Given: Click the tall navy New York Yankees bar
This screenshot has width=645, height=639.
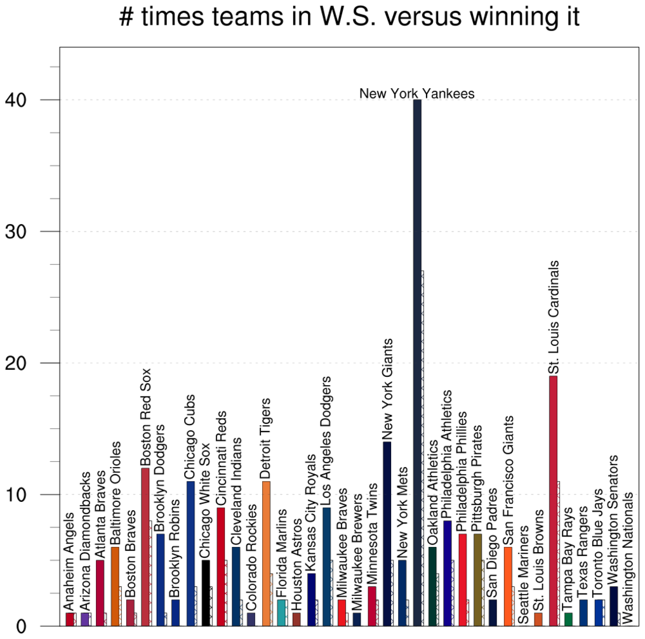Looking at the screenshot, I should click(x=417, y=362).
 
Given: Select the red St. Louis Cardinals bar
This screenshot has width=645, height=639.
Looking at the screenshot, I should click(x=553, y=501).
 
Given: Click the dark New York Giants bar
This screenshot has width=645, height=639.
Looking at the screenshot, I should click(x=387, y=534).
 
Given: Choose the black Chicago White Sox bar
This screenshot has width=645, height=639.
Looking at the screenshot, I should click(x=206, y=593).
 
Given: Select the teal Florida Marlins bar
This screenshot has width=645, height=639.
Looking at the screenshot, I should click(x=281, y=612).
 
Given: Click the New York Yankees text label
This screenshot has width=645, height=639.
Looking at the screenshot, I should click(x=417, y=94).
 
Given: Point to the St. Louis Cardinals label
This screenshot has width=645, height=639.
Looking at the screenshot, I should click(x=554, y=317).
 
